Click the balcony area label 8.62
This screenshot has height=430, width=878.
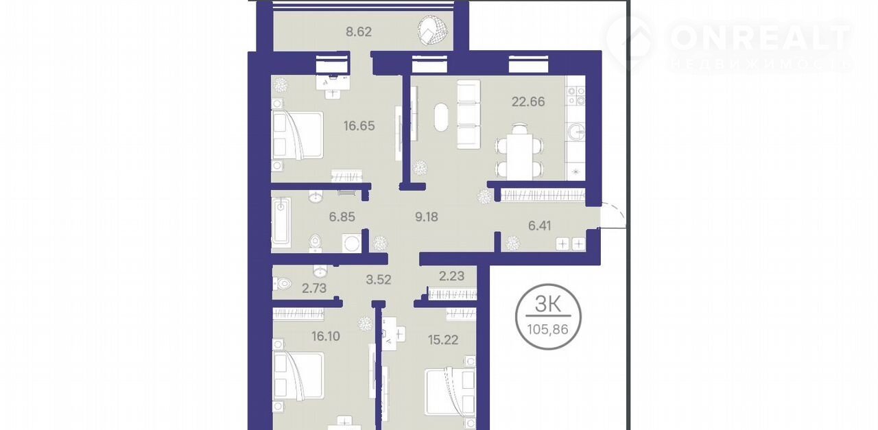pyautogui.click(x=359, y=32)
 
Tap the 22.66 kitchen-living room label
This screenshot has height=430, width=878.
pyautogui.click(x=528, y=102)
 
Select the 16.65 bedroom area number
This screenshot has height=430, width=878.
pyautogui.click(x=359, y=126)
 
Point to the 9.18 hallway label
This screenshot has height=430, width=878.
pyautogui.click(x=427, y=217)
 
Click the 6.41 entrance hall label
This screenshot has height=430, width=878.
pyautogui.click(x=540, y=226)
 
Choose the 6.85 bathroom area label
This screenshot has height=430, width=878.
pyautogui.click(x=342, y=217)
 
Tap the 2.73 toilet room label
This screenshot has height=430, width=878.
pyautogui.click(x=314, y=289)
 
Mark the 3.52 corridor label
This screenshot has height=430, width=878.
pyautogui.click(x=378, y=280)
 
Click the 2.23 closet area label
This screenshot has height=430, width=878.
pyautogui.click(x=451, y=276)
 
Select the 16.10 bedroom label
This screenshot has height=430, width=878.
pyautogui.click(x=326, y=336)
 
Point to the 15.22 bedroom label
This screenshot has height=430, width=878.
pyautogui.click(x=443, y=340)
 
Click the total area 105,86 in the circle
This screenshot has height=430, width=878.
pyautogui.click(x=547, y=330)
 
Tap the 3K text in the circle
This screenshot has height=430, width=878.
pyautogui.click(x=548, y=304)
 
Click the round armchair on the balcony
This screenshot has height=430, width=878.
pyautogui.click(x=433, y=30)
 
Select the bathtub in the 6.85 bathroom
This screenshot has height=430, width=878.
pyautogui.click(x=281, y=222)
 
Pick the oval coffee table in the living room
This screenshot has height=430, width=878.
pyautogui.click(x=442, y=117)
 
